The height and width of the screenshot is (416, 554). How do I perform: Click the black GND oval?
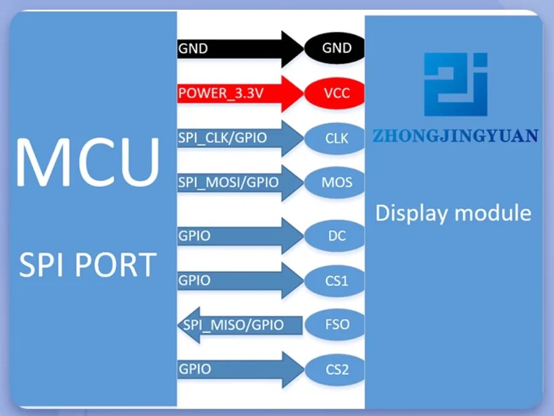point(336,48)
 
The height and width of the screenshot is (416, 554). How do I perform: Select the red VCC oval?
point(336,94)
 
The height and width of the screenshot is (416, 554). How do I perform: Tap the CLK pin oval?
point(336,138)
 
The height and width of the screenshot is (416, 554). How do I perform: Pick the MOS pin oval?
point(336,183)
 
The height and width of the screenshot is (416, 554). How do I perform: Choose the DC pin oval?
point(336,235)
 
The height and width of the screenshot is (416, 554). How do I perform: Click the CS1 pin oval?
point(336,281)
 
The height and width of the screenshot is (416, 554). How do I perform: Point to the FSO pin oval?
point(336,324)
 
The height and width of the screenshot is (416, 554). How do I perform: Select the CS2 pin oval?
point(336,370)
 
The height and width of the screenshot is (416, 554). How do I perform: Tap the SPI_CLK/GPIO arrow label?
point(223,138)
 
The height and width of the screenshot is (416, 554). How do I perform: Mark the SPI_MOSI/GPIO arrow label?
point(228,183)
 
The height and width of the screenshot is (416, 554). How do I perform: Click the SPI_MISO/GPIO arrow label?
point(233,324)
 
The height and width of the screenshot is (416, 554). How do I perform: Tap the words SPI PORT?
point(87,265)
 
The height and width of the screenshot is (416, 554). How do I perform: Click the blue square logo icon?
point(456,84)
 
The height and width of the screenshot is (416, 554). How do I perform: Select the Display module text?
point(453,214)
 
